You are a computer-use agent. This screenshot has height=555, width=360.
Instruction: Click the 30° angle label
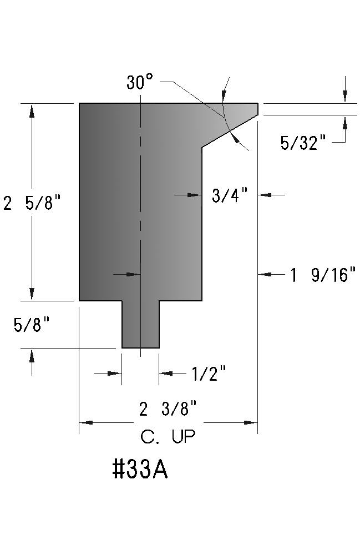pos(139,83)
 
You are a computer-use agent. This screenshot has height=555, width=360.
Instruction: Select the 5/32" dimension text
pos(302,143)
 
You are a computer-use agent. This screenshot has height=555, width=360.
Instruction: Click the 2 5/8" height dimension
pos(31,204)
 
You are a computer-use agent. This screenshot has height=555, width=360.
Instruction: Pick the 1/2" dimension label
pos(209,375)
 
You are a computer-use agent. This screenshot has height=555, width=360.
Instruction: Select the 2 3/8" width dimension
pos(168,410)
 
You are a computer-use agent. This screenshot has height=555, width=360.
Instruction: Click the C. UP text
pos(168,438)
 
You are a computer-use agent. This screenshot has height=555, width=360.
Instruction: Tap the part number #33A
pos(140,470)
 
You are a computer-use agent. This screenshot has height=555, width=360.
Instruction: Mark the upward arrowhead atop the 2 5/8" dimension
pos(32,110)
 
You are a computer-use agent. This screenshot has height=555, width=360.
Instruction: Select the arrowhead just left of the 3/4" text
pos(194,195)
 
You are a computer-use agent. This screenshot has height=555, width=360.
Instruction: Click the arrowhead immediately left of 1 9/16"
pos(266,274)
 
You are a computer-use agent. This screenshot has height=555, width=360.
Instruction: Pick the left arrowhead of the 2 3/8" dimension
pos(87,423)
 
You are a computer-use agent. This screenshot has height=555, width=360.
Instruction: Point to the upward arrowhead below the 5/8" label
pos(32,355)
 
